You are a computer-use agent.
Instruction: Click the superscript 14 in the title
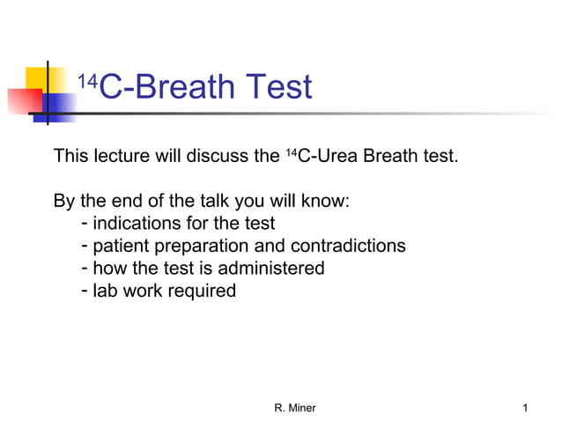point(86,82)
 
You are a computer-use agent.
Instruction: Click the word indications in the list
point(136,224)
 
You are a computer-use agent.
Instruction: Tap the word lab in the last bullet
point(106,290)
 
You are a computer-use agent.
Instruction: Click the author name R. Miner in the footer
point(295,408)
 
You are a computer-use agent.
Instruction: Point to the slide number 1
point(525,408)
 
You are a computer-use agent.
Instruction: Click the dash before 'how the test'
point(84,267)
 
